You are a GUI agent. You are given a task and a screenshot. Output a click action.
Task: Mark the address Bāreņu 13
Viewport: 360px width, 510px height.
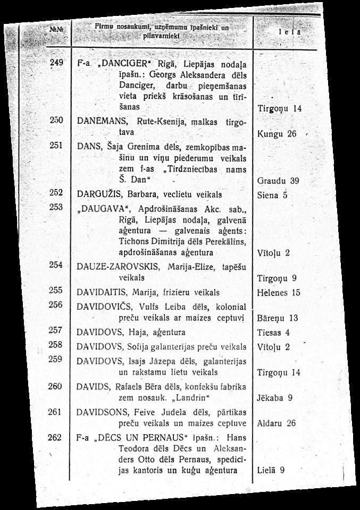pyautogui.click(x=277, y=319)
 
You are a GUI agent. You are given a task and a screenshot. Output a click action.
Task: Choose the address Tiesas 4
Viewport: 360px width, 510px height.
pyautogui.click(x=273, y=333)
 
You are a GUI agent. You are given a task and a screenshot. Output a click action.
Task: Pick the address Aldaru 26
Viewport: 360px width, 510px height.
pyautogui.click(x=276, y=424)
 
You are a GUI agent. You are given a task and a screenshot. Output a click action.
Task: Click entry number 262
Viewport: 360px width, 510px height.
pyautogui.click(x=55, y=437)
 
